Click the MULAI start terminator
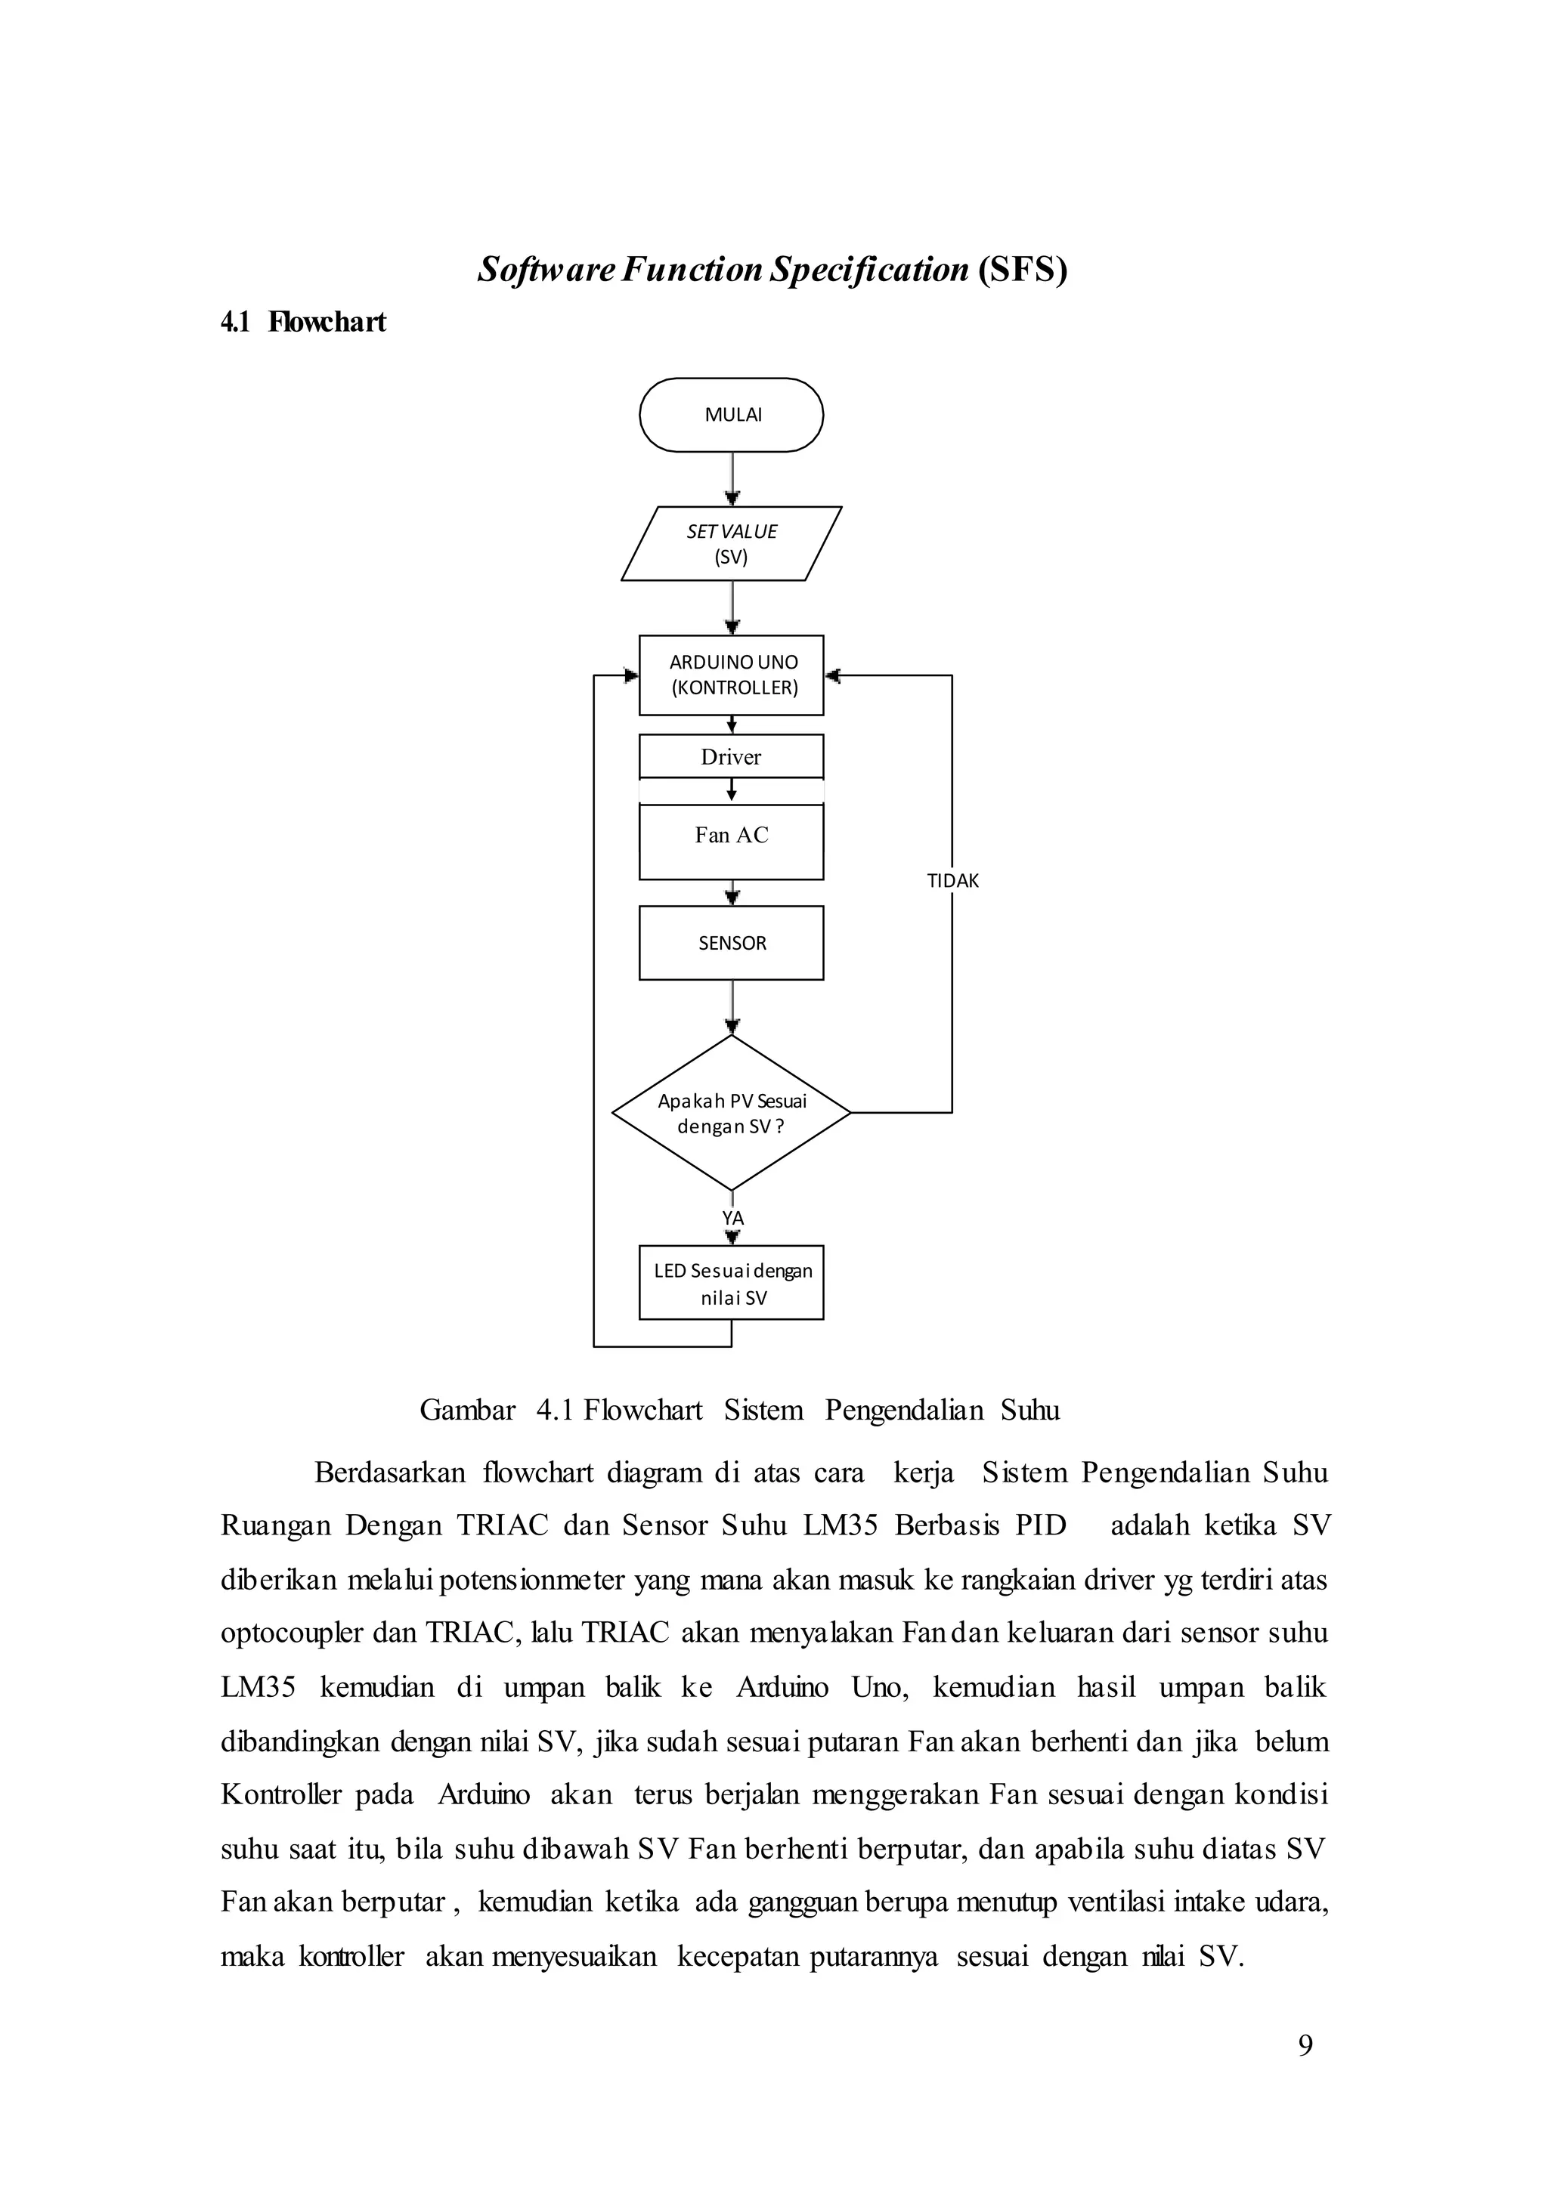731,415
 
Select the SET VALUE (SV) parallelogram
731,543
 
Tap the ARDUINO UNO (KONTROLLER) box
731,675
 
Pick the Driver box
731,756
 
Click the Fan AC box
731,842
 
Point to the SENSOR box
731,942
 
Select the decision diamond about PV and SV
731,1113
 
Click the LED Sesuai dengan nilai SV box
731,1283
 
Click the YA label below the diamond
732,1219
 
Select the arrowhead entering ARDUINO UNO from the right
832,675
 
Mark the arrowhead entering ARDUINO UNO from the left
631,675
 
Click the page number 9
1305,2045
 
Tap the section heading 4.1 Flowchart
303,322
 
